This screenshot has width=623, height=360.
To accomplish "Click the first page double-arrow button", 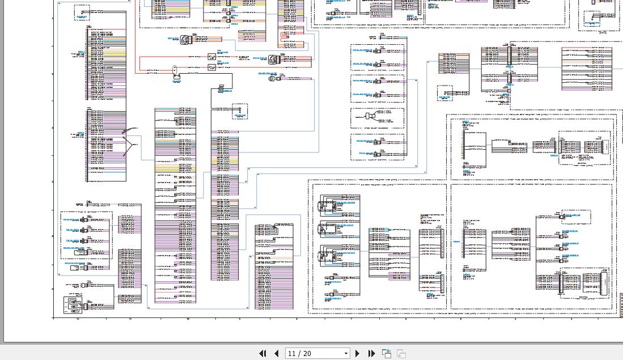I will (x=262, y=353).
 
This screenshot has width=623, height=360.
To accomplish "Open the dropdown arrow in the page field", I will (x=346, y=353).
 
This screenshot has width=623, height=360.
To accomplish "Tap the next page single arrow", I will (x=357, y=353).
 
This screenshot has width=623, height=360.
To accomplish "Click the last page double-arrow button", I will (x=371, y=353).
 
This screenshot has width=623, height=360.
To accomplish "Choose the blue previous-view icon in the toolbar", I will (x=387, y=353).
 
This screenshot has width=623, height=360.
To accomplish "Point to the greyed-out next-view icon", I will (x=401, y=353).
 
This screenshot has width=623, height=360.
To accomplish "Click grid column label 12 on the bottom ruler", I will (x=78, y=319).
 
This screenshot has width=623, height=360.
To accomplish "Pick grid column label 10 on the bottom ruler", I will (x=188, y=319).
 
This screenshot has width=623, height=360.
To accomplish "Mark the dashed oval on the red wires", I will (x=175, y=70).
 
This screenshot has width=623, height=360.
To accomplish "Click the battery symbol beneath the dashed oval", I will (x=176, y=78).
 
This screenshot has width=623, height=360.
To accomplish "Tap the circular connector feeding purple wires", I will (x=273, y=59).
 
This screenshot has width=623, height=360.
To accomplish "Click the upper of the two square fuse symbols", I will (x=211, y=57).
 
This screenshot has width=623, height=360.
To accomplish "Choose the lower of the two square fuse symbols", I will (x=211, y=67).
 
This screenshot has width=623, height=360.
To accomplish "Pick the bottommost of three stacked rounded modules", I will (x=328, y=253).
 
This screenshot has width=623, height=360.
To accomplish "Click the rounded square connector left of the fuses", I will (x=186, y=40).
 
